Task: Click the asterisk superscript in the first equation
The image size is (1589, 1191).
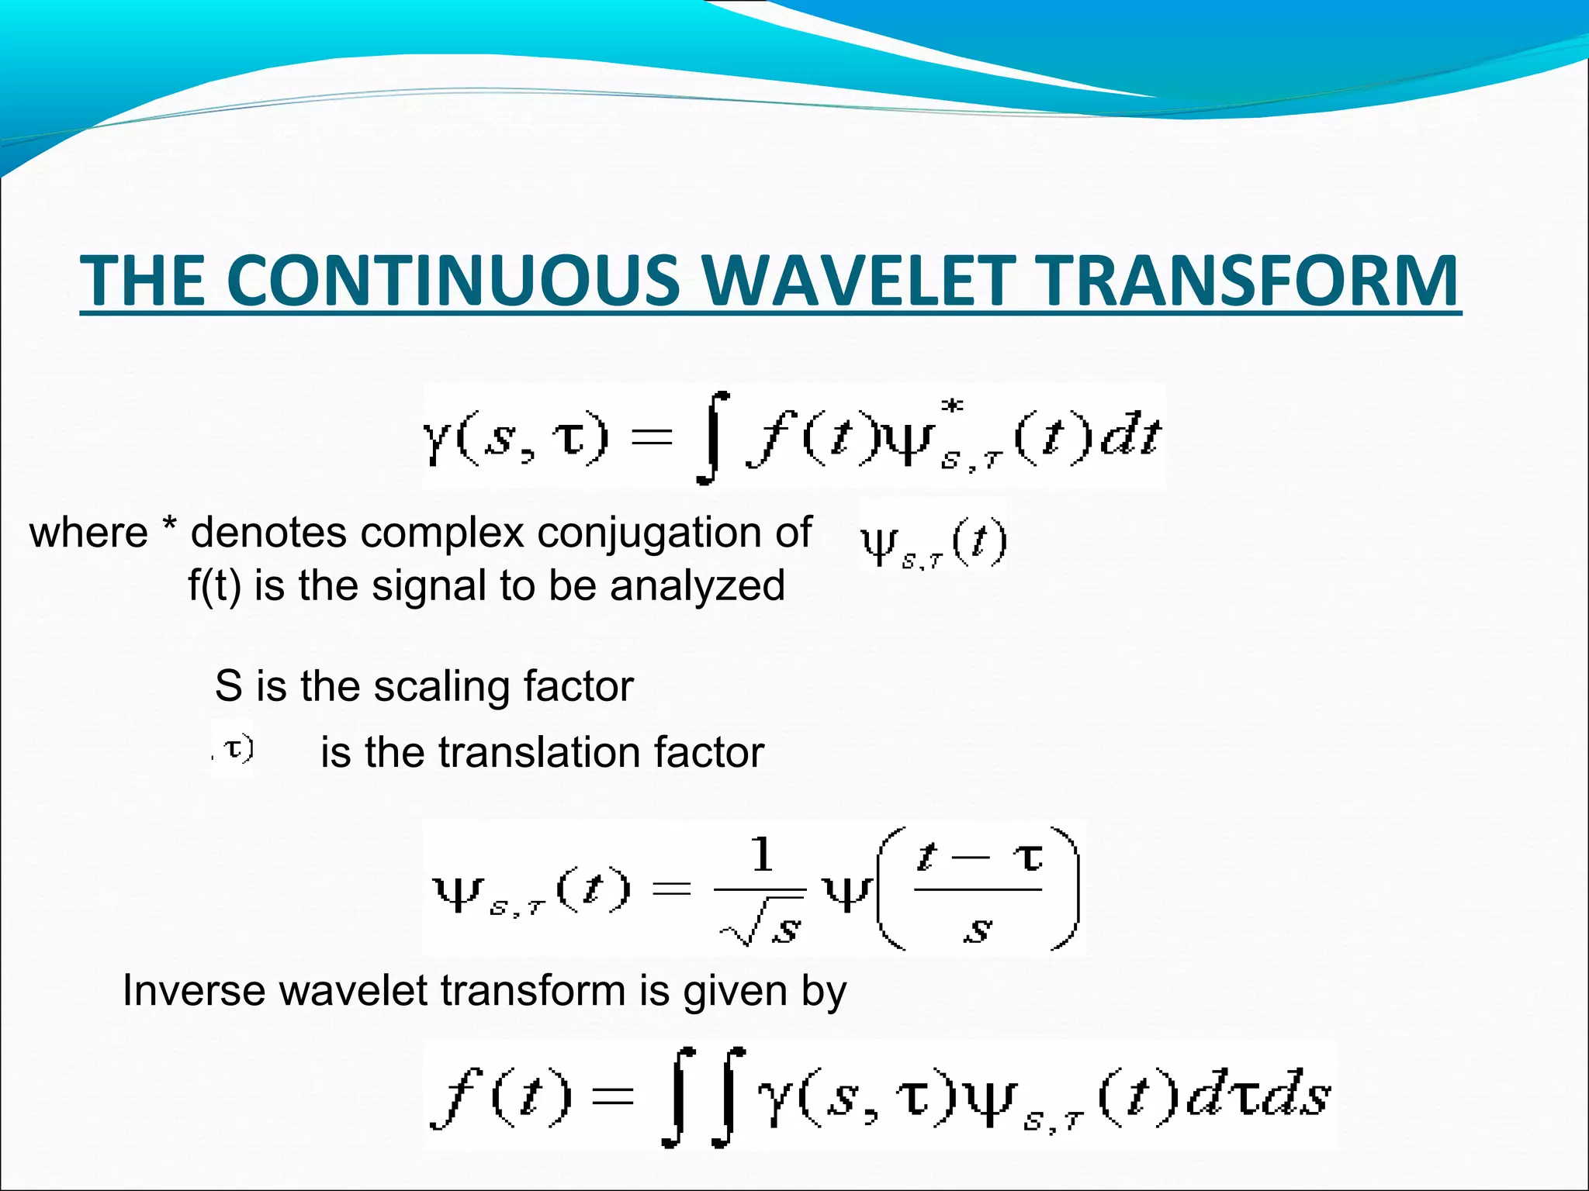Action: (952, 406)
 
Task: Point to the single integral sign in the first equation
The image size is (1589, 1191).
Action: (712, 438)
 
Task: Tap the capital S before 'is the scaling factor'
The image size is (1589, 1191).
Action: (228, 686)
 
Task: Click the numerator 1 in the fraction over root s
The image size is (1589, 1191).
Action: (762, 855)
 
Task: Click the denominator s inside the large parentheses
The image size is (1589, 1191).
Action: (977, 928)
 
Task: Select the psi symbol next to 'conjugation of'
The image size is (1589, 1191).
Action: (880, 544)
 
